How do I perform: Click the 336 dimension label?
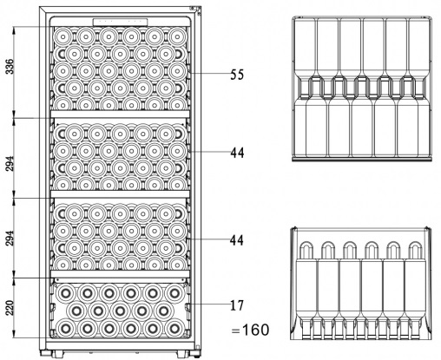[x=10, y=67]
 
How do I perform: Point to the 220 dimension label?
[x=10, y=308]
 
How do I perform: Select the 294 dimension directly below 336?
[x=10, y=164]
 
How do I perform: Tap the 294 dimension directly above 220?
[x=10, y=238]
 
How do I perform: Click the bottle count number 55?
[x=237, y=75]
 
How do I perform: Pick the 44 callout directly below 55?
[x=237, y=153]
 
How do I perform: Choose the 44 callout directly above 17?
[x=237, y=240]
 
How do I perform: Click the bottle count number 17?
[x=237, y=305]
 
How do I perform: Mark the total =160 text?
[x=250, y=330]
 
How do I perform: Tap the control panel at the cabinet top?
[x=120, y=22]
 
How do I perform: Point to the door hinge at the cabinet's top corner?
[x=196, y=10]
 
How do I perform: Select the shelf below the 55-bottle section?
[x=120, y=114]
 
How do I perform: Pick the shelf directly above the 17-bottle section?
[x=120, y=274]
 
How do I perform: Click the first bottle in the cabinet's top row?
[x=63, y=36]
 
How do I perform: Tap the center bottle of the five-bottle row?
[x=120, y=311]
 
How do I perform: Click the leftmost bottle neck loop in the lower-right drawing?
[x=306, y=250]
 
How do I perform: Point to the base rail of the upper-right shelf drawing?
[x=362, y=159]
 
